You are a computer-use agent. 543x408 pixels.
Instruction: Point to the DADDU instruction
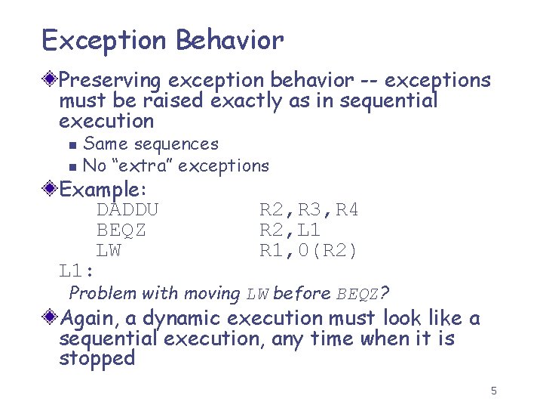click(x=127, y=209)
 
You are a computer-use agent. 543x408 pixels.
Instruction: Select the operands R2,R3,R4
click(x=308, y=209)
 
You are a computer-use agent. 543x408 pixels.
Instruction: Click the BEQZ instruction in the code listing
click(x=121, y=230)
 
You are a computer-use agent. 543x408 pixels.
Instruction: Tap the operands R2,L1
click(x=290, y=230)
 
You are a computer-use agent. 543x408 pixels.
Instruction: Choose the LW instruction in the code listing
click(x=109, y=250)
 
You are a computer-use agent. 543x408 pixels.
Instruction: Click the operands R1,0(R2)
click(x=308, y=251)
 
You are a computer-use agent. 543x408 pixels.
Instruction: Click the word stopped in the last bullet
click(x=97, y=358)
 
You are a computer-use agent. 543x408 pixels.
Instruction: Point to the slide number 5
click(x=493, y=391)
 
